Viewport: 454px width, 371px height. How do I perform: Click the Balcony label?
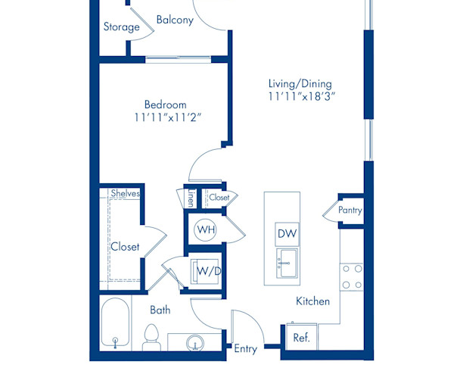point(175,20)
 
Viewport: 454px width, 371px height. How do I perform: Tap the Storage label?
point(121,27)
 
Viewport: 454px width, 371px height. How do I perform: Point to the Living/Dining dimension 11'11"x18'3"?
point(300,97)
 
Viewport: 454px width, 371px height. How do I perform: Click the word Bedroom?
point(166,104)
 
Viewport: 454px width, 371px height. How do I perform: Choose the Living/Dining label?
point(300,83)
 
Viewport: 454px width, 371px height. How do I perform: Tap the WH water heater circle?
point(205,229)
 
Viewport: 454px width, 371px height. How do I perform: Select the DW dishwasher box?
point(286,233)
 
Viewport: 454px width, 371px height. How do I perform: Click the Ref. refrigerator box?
point(301,338)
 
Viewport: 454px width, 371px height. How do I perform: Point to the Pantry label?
point(350,210)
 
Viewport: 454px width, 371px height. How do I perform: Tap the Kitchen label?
point(313,301)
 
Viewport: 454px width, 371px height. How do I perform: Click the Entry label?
point(246,349)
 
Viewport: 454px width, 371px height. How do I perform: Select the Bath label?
point(160,310)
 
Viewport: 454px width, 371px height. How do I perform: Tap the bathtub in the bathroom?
point(115,323)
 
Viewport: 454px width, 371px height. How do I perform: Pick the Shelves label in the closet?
point(126,194)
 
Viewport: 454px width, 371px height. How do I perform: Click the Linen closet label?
point(191,198)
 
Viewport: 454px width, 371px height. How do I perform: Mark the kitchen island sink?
point(286,265)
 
